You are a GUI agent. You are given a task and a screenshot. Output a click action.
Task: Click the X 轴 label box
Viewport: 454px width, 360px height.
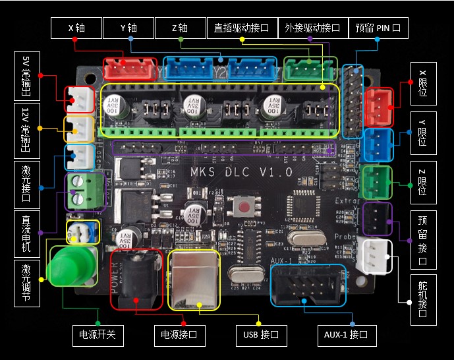point(76,28)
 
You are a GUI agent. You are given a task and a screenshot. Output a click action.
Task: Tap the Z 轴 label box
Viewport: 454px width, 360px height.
point(180,28)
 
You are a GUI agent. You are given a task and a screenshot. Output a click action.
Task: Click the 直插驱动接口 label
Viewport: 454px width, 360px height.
point(242,28)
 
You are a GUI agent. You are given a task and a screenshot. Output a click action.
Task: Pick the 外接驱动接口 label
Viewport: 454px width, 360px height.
point(312,28)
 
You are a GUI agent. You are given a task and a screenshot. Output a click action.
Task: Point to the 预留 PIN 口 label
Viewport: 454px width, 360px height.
point(377,28)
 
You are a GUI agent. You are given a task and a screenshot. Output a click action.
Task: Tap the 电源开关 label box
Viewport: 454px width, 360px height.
point(97,335)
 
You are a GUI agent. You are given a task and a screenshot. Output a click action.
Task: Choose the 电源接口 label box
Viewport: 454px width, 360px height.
point(179,335)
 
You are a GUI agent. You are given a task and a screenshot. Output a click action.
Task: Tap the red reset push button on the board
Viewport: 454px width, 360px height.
point(244,208)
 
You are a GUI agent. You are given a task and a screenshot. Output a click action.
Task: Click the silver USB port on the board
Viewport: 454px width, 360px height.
point(194,280)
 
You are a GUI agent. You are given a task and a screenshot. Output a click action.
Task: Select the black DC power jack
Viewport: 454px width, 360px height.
point(136,280)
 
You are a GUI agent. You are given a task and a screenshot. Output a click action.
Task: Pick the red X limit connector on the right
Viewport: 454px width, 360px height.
point(378,102)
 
